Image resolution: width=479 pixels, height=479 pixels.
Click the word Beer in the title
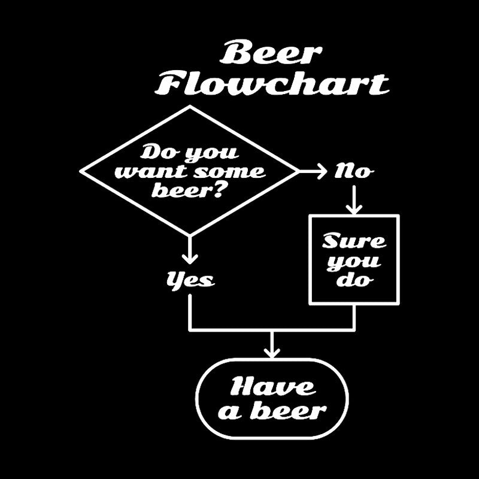pyautogui.click(x=270, y=54)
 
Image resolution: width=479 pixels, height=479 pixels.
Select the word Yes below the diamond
pyautogui.click(x=190, y=279)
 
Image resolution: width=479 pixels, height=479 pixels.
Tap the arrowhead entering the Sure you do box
pyautogui.click(x=354, y=210)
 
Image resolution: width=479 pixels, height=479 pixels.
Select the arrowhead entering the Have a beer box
pyautogui.click(x=272, y=353)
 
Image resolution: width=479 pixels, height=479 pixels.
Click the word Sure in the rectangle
pyautogui.click(x=354, y=242)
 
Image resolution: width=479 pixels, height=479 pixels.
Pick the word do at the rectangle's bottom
pyautogui.click(x=354, y=280)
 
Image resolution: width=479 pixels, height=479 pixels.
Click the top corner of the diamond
pyautogui.click(x=190, y=108)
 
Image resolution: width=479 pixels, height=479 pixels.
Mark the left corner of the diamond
pyautogui.click(x=81, y=172)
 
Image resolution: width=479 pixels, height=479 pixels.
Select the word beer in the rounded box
pyautogui.click(x=296, y=411)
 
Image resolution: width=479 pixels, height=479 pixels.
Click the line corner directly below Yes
pyautogui.click(x=190, y=330)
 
